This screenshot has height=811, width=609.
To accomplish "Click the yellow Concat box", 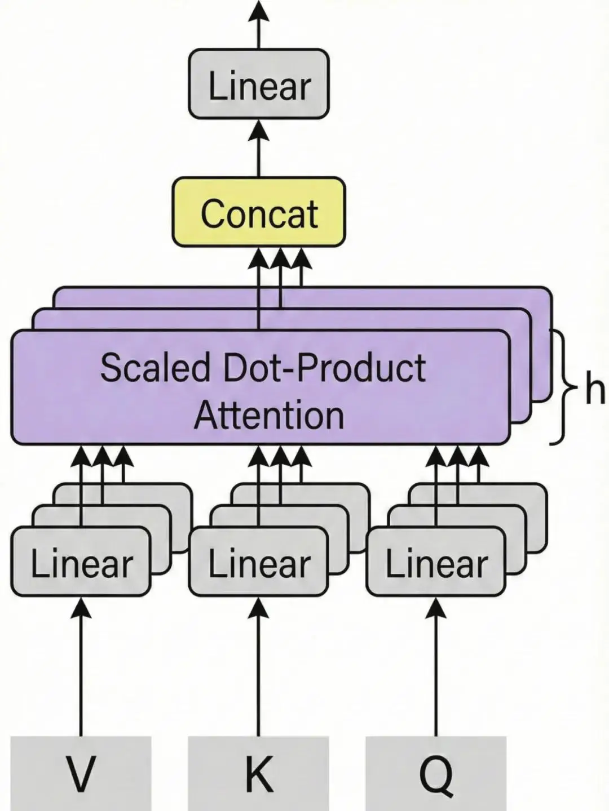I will pyautogui.click(x=258, y=212).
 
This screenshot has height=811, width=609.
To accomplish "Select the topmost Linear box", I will pyautogui.click(x=258, y=84).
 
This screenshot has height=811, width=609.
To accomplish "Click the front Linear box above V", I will pyautogui.click(x=81, y=562).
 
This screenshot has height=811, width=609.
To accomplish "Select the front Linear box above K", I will pyautogui.click(x=258, y=562).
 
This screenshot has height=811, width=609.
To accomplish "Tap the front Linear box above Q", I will pyautogui.click(x=436, y=562).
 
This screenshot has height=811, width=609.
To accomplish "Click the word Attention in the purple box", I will pyautogui.click(x=269, y=415).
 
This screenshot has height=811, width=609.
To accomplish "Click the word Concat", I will pyautogui.click(x=259, y=214).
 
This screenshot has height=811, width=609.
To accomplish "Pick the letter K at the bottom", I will pyautogui.click(x=259, y=774).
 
